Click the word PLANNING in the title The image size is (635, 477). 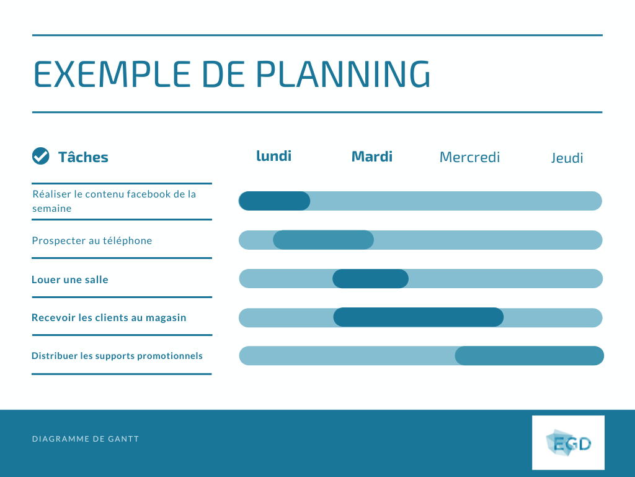(343, 74)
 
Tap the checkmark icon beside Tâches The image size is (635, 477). (40, 157)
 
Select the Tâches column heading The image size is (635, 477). (83, 157)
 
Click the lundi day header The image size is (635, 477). (273, 156)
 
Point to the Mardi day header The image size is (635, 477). (372, 157)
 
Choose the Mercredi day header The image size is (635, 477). (469, 157)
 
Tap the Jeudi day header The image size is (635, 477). (567, 158)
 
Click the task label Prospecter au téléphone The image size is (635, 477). (92, 240)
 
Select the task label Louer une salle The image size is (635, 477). (70, 279)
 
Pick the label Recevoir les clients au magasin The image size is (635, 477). (109, 317)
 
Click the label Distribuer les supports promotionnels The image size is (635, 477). (117, 356)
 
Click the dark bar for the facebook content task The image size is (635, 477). (274, 201)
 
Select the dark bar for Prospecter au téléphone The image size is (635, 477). (323, 240)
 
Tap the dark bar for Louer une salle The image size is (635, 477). (370, 279)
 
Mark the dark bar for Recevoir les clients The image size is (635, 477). (418, 317)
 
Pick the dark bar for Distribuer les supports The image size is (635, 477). (529, 356)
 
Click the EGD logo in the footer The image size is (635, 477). (568, 442)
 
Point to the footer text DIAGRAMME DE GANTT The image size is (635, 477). (86, 439)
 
